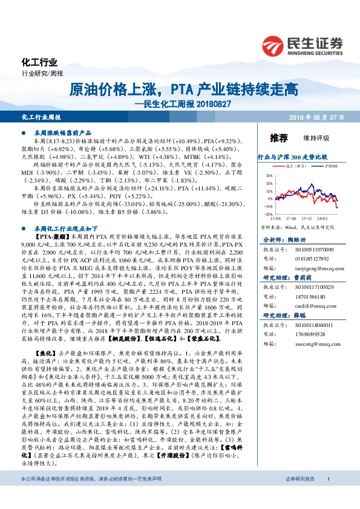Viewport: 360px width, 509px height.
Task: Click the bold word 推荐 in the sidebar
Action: point(278,138)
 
